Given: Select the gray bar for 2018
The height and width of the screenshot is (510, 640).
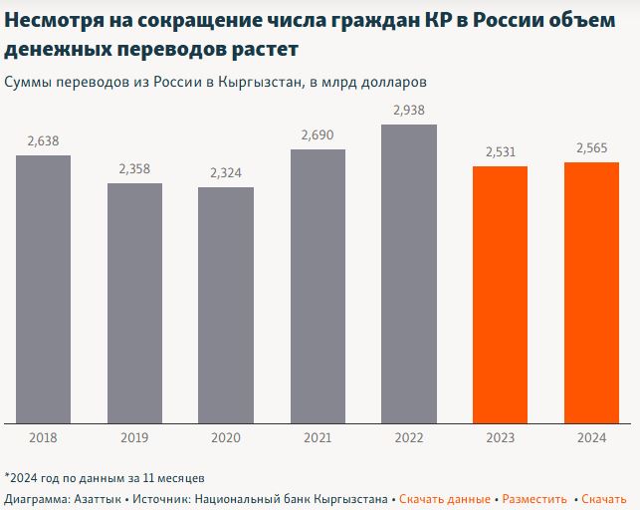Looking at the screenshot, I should tap(43, 289).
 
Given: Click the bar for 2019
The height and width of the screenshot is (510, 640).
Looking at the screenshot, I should tap(134, 303).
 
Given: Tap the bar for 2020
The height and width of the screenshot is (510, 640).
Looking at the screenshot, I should tap(226, 305).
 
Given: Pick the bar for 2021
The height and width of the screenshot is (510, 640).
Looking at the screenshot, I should tap(318, 286).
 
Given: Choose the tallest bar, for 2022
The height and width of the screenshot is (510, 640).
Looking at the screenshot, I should tap(409, 274).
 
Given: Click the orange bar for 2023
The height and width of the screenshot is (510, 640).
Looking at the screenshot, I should tap(500, 295).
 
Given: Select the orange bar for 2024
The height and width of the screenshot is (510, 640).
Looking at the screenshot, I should tap(591, 293).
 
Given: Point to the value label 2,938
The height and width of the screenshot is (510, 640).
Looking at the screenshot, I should tap(409, 110).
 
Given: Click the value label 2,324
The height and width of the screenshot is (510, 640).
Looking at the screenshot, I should tap(226, 173).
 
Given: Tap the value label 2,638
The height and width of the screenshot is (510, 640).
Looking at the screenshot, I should tap(43, 141).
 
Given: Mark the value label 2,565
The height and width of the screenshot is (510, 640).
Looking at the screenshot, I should tap(591, 148).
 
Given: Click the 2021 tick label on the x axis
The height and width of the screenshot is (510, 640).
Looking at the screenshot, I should tap(318, 436).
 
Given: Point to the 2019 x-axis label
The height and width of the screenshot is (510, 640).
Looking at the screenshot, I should tap(134, 436).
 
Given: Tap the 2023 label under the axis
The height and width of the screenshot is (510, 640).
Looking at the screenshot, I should tap(500, 436).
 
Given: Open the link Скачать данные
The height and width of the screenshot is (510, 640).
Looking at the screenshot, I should tap(445, 498).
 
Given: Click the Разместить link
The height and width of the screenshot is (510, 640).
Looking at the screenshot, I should tap(534, 498).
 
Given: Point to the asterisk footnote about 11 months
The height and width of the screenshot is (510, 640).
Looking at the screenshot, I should tap(105, 477).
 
